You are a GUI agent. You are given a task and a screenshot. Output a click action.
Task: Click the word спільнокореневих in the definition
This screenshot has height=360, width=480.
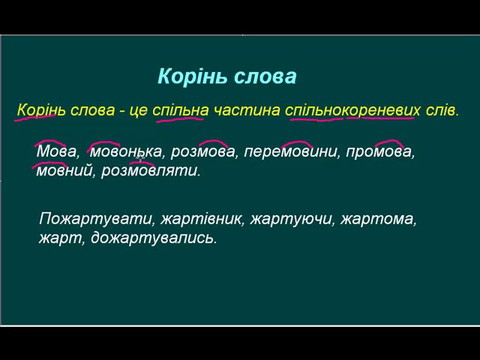(352, 110)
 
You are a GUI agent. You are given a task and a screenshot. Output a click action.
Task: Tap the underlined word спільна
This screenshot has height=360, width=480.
(180, 110)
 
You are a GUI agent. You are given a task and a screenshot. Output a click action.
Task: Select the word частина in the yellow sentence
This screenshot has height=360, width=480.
(247, 110)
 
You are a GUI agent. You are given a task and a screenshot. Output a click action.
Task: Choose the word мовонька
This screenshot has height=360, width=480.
(126, 152)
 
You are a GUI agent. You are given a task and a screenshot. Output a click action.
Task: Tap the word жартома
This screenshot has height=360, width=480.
(378, 220)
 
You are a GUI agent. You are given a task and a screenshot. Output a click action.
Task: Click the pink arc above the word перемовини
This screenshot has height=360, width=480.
(297, 142)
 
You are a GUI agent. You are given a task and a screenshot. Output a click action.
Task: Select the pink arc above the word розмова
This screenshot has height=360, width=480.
(213, 142)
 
